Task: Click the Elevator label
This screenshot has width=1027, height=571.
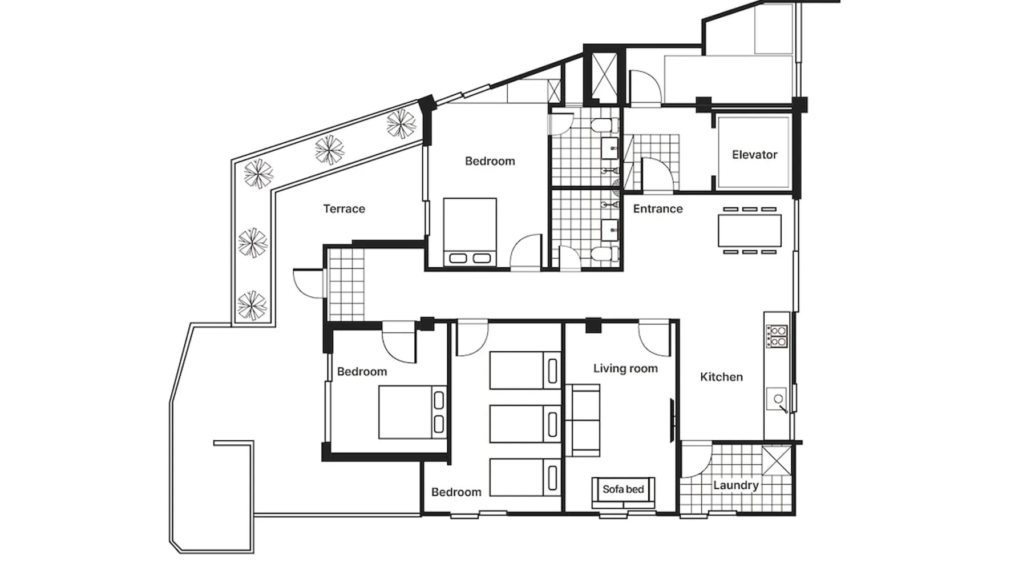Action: click(754, 155)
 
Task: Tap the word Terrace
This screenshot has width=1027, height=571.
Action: click(344, 209)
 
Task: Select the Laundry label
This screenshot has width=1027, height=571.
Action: click(735, 485)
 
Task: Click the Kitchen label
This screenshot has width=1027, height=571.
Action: click(721, 377)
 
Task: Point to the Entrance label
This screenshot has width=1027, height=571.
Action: click(658, 209)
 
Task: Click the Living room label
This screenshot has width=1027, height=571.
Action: click(625, 369)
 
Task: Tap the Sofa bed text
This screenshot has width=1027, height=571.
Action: click(623, 489)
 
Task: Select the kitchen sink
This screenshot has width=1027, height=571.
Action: click(778, 399)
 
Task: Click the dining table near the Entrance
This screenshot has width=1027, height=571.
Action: click(750, 230)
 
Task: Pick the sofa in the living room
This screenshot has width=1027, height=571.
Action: click(583, 420)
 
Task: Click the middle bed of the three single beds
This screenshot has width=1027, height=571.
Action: click(525, 424)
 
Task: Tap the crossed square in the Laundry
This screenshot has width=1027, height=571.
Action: click(777, 460)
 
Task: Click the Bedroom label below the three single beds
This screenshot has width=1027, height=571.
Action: click(456, 492)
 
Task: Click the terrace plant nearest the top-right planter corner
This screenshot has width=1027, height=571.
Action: click(401, 124)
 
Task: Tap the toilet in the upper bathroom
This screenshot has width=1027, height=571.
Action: click(602, 125)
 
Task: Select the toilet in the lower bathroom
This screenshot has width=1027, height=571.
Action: click(602, 253)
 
